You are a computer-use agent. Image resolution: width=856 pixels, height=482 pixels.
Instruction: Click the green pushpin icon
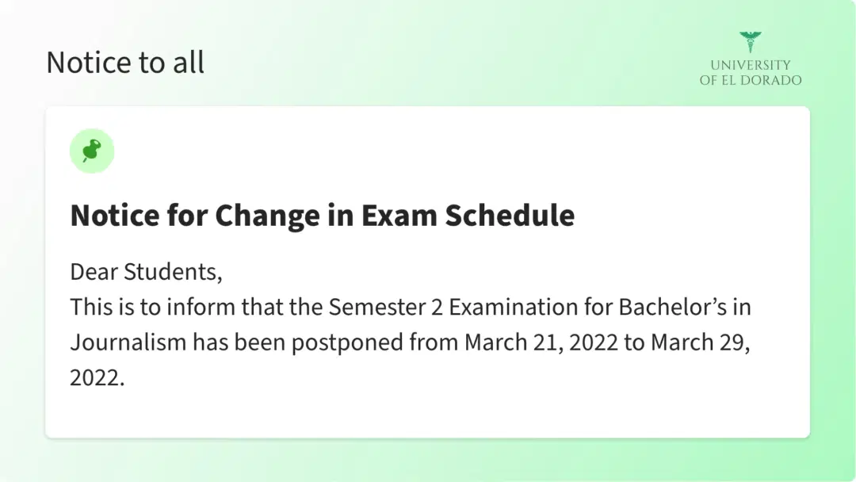[x=92, y=151]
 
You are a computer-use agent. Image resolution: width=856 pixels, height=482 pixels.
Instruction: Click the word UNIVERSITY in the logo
[x=750, y=65]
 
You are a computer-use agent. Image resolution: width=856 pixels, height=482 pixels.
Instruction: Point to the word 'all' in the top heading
[x=189, y=63]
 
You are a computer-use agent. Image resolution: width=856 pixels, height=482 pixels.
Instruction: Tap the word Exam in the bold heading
[x=388, y=215]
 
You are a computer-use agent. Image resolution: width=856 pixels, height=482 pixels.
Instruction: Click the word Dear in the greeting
[x=94, y=272]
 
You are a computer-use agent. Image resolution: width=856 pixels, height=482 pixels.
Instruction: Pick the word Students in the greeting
[x=173, y=272]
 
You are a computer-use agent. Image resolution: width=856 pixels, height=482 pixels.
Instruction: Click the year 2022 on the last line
[x=95, y=377]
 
